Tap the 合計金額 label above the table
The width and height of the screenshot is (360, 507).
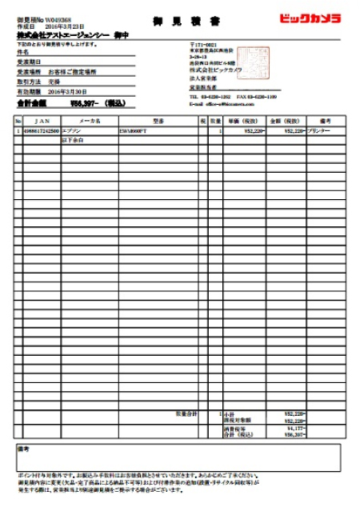(x=31, y=103)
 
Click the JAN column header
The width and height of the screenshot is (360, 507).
(x=41, y=121)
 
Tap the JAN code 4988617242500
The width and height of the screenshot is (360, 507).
(x=41, y=130)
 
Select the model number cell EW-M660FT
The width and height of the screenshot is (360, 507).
(x=135, y=130)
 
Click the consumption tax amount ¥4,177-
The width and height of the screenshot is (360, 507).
(x=294, y=428)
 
